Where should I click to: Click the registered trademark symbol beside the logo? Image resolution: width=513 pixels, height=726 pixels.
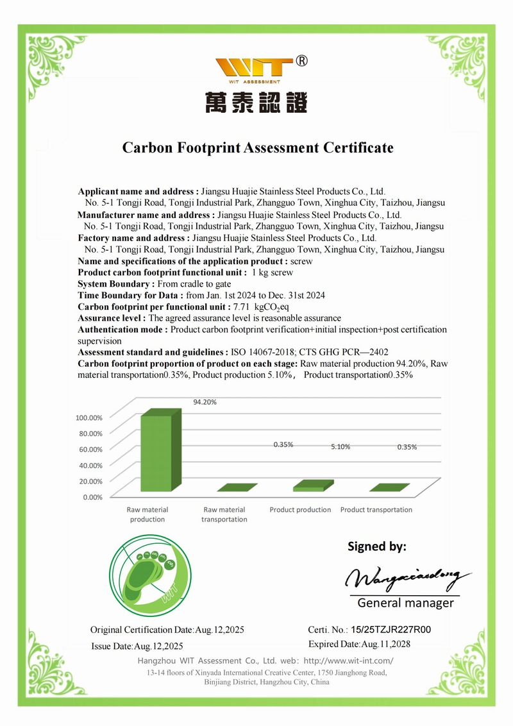[302, 62]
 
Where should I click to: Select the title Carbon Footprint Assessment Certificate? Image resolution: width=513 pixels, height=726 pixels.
[258, 148]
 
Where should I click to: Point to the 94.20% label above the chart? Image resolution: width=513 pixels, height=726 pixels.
[205, 402]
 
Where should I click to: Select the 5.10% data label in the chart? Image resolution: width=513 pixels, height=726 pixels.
[340, 447]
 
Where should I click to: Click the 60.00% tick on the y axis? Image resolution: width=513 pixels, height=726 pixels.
[90, 449]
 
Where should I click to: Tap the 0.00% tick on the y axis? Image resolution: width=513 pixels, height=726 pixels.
[92, 496]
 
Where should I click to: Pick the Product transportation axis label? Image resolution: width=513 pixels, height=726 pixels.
[376, 510]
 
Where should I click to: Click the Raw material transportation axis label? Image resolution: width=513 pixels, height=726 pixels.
[224, 514]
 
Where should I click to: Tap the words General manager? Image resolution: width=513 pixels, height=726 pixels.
[405, 603]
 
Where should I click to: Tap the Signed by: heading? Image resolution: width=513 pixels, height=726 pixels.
[377, 547]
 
